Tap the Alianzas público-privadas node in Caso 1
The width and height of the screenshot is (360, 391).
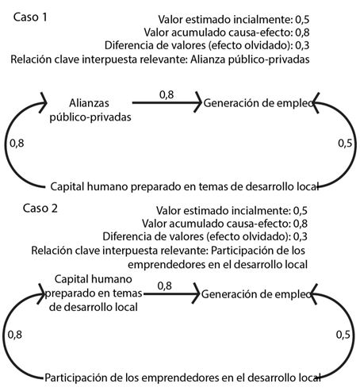[88, 109]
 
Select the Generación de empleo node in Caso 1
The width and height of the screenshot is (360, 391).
[256, 102]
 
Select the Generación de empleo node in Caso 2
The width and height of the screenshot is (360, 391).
[256, 293]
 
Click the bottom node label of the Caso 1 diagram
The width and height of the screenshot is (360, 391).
[184, 186]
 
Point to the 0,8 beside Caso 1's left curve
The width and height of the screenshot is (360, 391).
[15, 144]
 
